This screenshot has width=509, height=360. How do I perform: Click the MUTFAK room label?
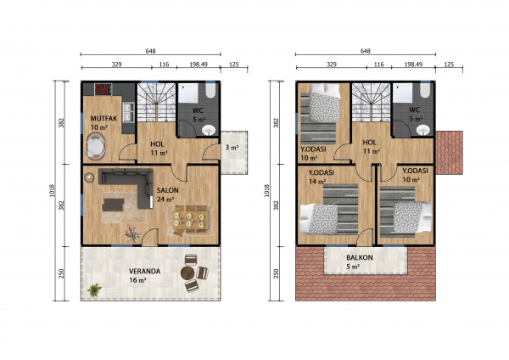pos(103,119)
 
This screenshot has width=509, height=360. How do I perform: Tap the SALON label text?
pos(167,190)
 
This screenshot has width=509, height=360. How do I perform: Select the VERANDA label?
pos(144,271)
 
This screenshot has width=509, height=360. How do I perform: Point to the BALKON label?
pos(360,257)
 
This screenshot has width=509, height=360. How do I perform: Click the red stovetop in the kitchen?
pos(103,89)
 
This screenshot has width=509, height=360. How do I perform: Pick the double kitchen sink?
pos(129,112)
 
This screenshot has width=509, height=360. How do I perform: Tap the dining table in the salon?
pos(189,220)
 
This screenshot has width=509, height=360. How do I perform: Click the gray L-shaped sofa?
pos(130,185)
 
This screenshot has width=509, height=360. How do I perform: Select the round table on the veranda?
pos(187,273)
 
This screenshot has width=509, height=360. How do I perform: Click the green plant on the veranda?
pos(94,290)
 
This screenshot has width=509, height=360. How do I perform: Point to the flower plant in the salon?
pos(132,234)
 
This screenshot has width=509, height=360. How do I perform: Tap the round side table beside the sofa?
pos(89,177)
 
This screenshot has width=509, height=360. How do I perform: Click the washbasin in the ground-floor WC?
pos(209,130)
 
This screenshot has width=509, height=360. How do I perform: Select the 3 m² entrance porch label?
pos(232,148)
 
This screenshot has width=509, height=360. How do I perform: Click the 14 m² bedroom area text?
pos(316,182)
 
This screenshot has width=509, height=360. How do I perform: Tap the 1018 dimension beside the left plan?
pos(53,191)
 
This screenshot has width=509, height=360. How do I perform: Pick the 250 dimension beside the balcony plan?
pos(277,273)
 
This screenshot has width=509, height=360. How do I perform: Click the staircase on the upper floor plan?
pos(371,103)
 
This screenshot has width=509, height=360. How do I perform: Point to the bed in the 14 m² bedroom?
pos(319,219)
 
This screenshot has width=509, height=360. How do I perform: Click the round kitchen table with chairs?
pos(95,146)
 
